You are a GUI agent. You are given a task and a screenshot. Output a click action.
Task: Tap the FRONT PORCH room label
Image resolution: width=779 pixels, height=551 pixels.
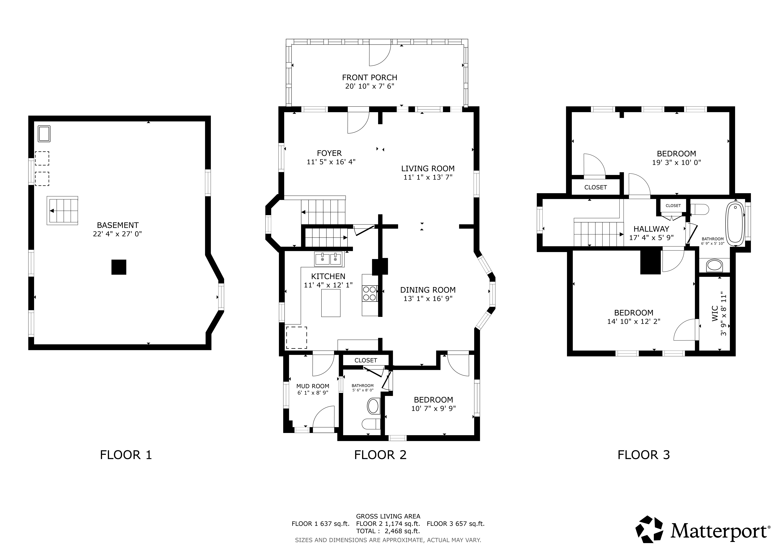pos(369,78)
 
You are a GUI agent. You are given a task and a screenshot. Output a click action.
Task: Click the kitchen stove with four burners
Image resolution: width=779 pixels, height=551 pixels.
pos(369,294)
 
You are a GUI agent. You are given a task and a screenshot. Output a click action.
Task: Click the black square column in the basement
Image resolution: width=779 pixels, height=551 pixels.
pos(119,267)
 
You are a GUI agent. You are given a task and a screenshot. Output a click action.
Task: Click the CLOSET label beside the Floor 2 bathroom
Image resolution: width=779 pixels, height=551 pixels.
pos(366,360)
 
